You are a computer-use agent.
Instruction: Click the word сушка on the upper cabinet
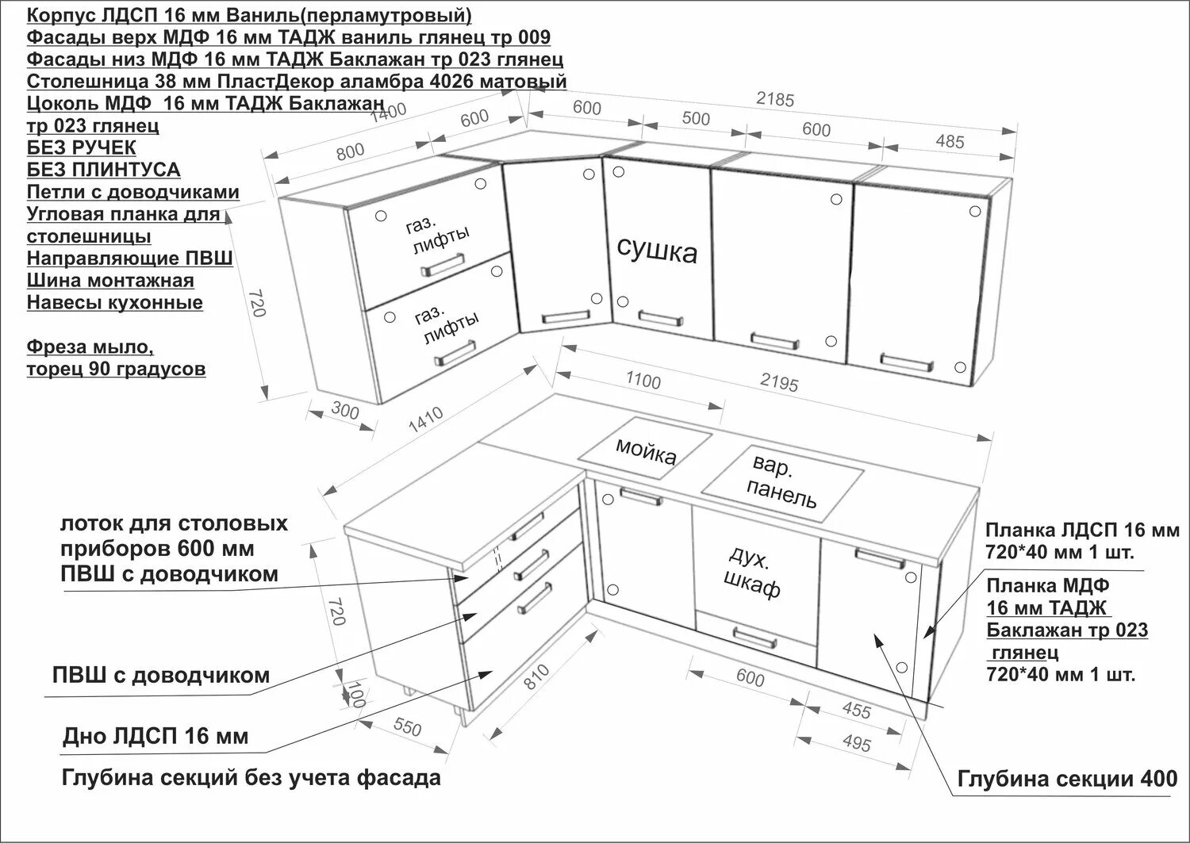coord(657,251)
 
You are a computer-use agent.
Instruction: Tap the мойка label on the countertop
coord(647,450)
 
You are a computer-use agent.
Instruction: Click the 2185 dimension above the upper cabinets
coord(774,99)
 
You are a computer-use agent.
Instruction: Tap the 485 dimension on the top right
coord(950,141)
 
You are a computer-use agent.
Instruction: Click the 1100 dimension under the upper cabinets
coord(643,380)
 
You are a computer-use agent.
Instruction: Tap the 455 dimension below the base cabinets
coord(855,710)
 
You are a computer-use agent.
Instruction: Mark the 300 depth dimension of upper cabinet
coord(344,412)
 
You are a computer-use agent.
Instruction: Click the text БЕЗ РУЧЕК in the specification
coord(81,148)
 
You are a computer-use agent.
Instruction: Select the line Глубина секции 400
coord(1067,780)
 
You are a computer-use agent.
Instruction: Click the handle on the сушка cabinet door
coord(658,318)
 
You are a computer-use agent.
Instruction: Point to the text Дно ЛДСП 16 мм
coord(155,737)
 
